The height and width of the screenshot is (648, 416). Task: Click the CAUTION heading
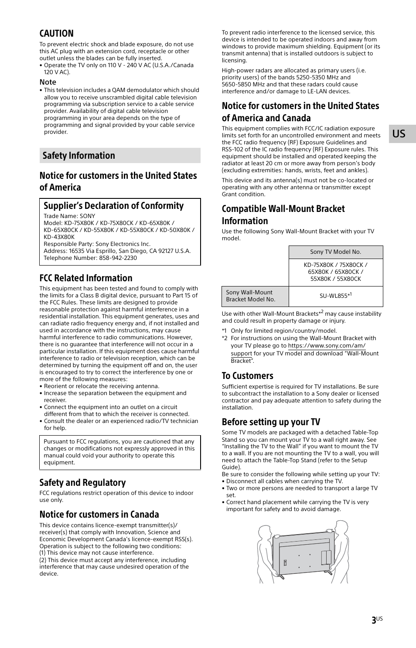56,34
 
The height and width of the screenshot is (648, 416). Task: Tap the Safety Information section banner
119,156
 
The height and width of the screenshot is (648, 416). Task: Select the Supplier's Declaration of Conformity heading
113,205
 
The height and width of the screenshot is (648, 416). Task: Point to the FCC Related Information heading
85,278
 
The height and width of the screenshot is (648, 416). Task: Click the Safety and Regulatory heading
82,482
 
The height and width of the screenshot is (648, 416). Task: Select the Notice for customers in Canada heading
99,514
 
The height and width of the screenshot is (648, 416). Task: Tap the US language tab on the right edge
399,134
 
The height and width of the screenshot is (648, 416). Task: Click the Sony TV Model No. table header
335,252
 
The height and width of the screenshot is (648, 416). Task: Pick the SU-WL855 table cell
335,296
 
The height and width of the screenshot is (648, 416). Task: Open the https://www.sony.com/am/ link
327,346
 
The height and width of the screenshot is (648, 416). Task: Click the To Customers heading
247,375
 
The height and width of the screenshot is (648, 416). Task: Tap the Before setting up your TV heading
270,422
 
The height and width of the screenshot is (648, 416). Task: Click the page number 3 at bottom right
374,621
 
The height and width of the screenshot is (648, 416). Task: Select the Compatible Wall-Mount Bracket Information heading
283,215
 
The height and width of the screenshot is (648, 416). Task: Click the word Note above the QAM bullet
48,82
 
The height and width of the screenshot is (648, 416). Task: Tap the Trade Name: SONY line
69,216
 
